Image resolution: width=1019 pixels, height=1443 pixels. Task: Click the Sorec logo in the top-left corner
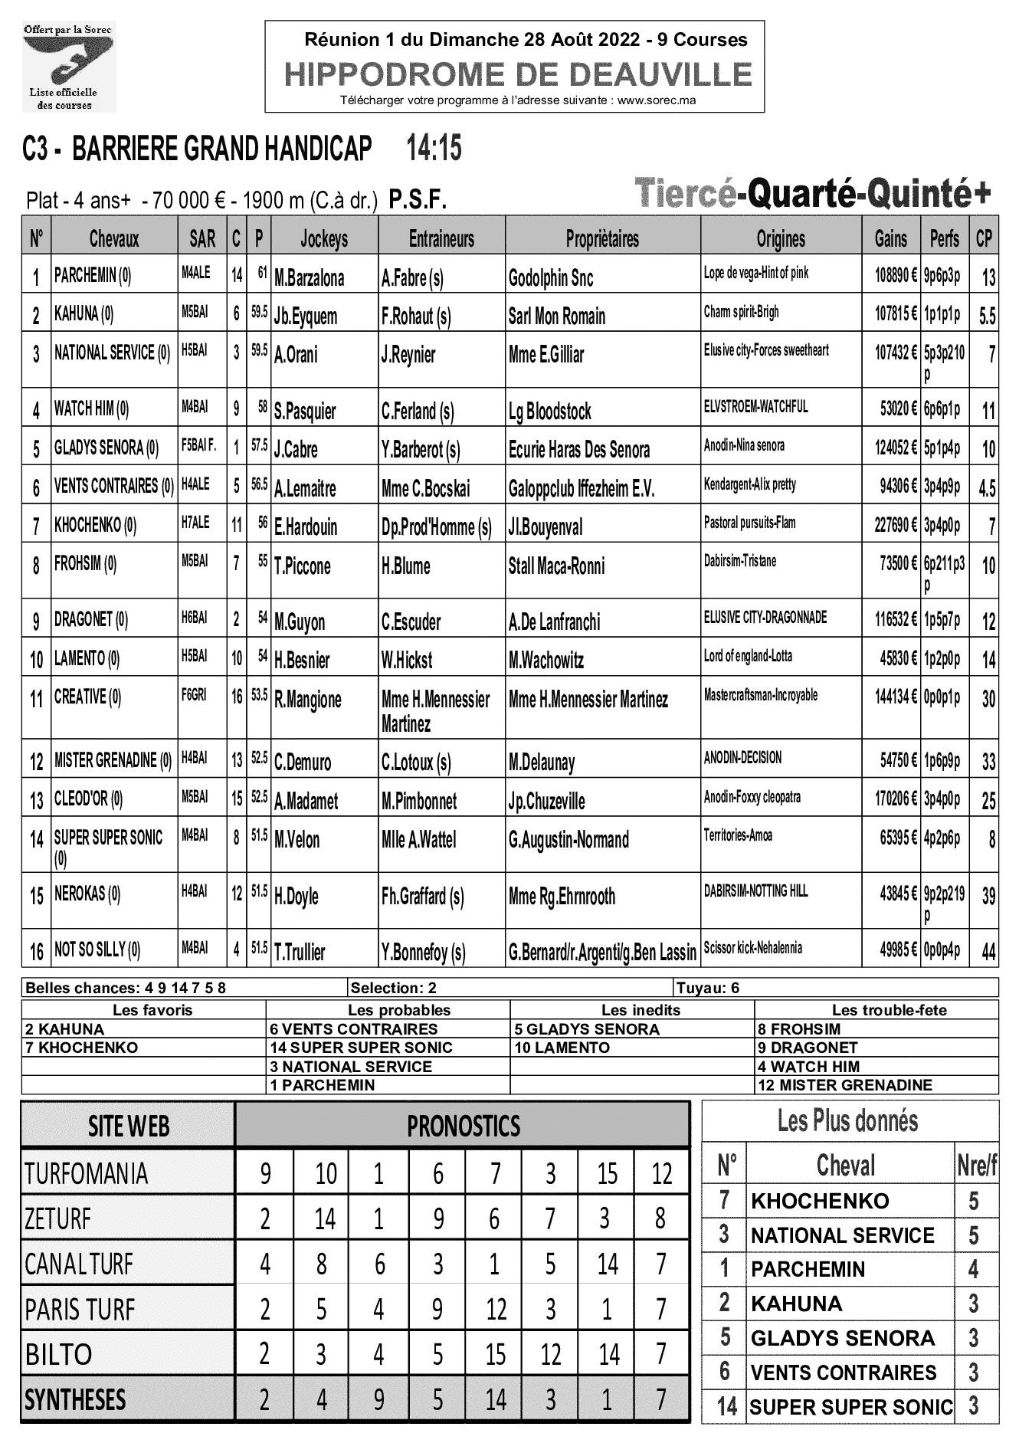[67, 66]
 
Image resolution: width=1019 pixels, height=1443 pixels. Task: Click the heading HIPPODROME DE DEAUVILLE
[518, 74]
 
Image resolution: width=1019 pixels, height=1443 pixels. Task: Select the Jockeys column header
[324, 239]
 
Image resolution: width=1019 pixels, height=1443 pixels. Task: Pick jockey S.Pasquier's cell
[305, 412]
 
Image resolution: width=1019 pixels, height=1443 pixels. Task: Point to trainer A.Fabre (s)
[412, 278]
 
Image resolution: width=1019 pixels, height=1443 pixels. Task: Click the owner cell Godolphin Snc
[550, 278]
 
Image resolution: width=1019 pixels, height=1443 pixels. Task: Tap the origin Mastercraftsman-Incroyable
[760, 695]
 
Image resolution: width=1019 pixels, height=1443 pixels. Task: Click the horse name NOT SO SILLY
[97, 950]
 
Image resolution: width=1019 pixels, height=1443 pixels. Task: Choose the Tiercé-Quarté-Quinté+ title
[813, 193]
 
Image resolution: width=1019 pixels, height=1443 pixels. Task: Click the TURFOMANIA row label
[86, 1173]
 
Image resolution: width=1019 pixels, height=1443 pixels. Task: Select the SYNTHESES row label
[75, 1400]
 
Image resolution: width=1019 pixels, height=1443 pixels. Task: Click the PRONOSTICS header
[464, 1126]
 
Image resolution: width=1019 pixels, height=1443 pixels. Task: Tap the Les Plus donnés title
[847, 1122]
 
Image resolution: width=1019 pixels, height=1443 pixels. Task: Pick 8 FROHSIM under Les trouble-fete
[798, 1029]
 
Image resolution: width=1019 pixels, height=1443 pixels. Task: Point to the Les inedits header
[633, 1010]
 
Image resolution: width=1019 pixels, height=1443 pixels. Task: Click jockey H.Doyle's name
[297, 897]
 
